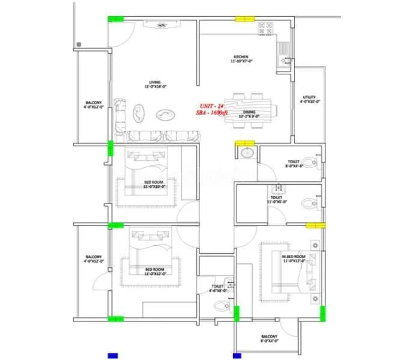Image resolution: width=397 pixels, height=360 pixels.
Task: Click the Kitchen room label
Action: pos(241,59)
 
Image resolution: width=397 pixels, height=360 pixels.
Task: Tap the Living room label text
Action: pos(154,84)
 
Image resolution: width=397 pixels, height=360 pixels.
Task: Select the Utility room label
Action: pos(309,99)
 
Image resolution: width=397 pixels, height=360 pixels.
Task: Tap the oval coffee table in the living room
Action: pos(164,114)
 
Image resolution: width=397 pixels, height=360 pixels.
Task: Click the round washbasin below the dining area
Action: pos(246,154)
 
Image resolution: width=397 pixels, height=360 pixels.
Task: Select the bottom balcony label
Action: pos(268,338)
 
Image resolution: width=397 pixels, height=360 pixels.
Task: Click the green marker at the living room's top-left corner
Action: pos(115,19)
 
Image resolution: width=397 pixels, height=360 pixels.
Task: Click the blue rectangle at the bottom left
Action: pos(112,354)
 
